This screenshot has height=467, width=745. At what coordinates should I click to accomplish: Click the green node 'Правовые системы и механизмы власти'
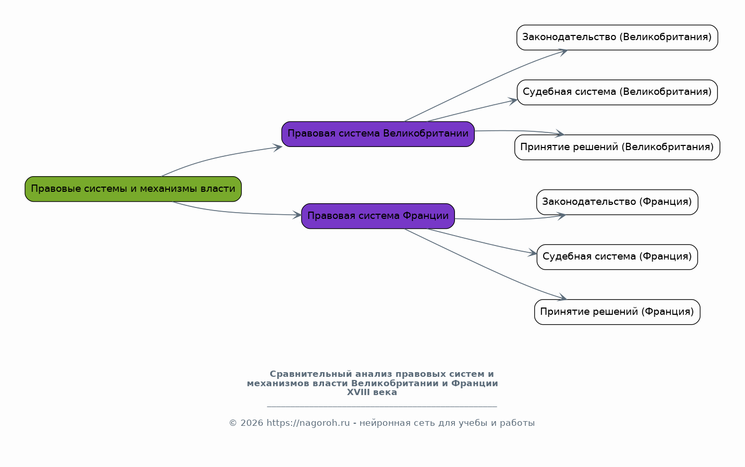[x=133, y=189]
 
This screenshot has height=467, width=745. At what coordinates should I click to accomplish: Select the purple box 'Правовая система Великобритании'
[x=378, y=134]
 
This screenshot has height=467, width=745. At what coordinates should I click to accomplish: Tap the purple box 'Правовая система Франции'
[x=378, y=216]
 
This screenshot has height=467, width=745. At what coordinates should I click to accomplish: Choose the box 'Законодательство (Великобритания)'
[x=617, y=38]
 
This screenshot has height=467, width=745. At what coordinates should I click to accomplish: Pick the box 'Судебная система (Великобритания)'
[x=617, y=92]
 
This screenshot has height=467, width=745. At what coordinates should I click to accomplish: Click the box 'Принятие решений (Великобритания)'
[x=617, y=148]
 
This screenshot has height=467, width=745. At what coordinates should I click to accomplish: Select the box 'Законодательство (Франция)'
[x=617, y=202]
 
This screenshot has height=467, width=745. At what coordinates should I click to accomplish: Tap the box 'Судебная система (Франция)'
[x=617, y=257]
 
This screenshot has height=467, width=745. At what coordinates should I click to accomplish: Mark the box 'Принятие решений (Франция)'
[x=617, y=312]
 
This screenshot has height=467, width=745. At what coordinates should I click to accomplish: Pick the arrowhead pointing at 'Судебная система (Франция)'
[x=533, y=253]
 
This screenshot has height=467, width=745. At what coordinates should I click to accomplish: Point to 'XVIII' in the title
[x=358, y=392]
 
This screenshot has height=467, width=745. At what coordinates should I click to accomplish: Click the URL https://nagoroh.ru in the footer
[x=308, y=423]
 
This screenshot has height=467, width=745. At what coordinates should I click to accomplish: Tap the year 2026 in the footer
[x=252, y=423]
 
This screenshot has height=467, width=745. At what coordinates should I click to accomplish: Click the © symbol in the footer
[x=233, y=423]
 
